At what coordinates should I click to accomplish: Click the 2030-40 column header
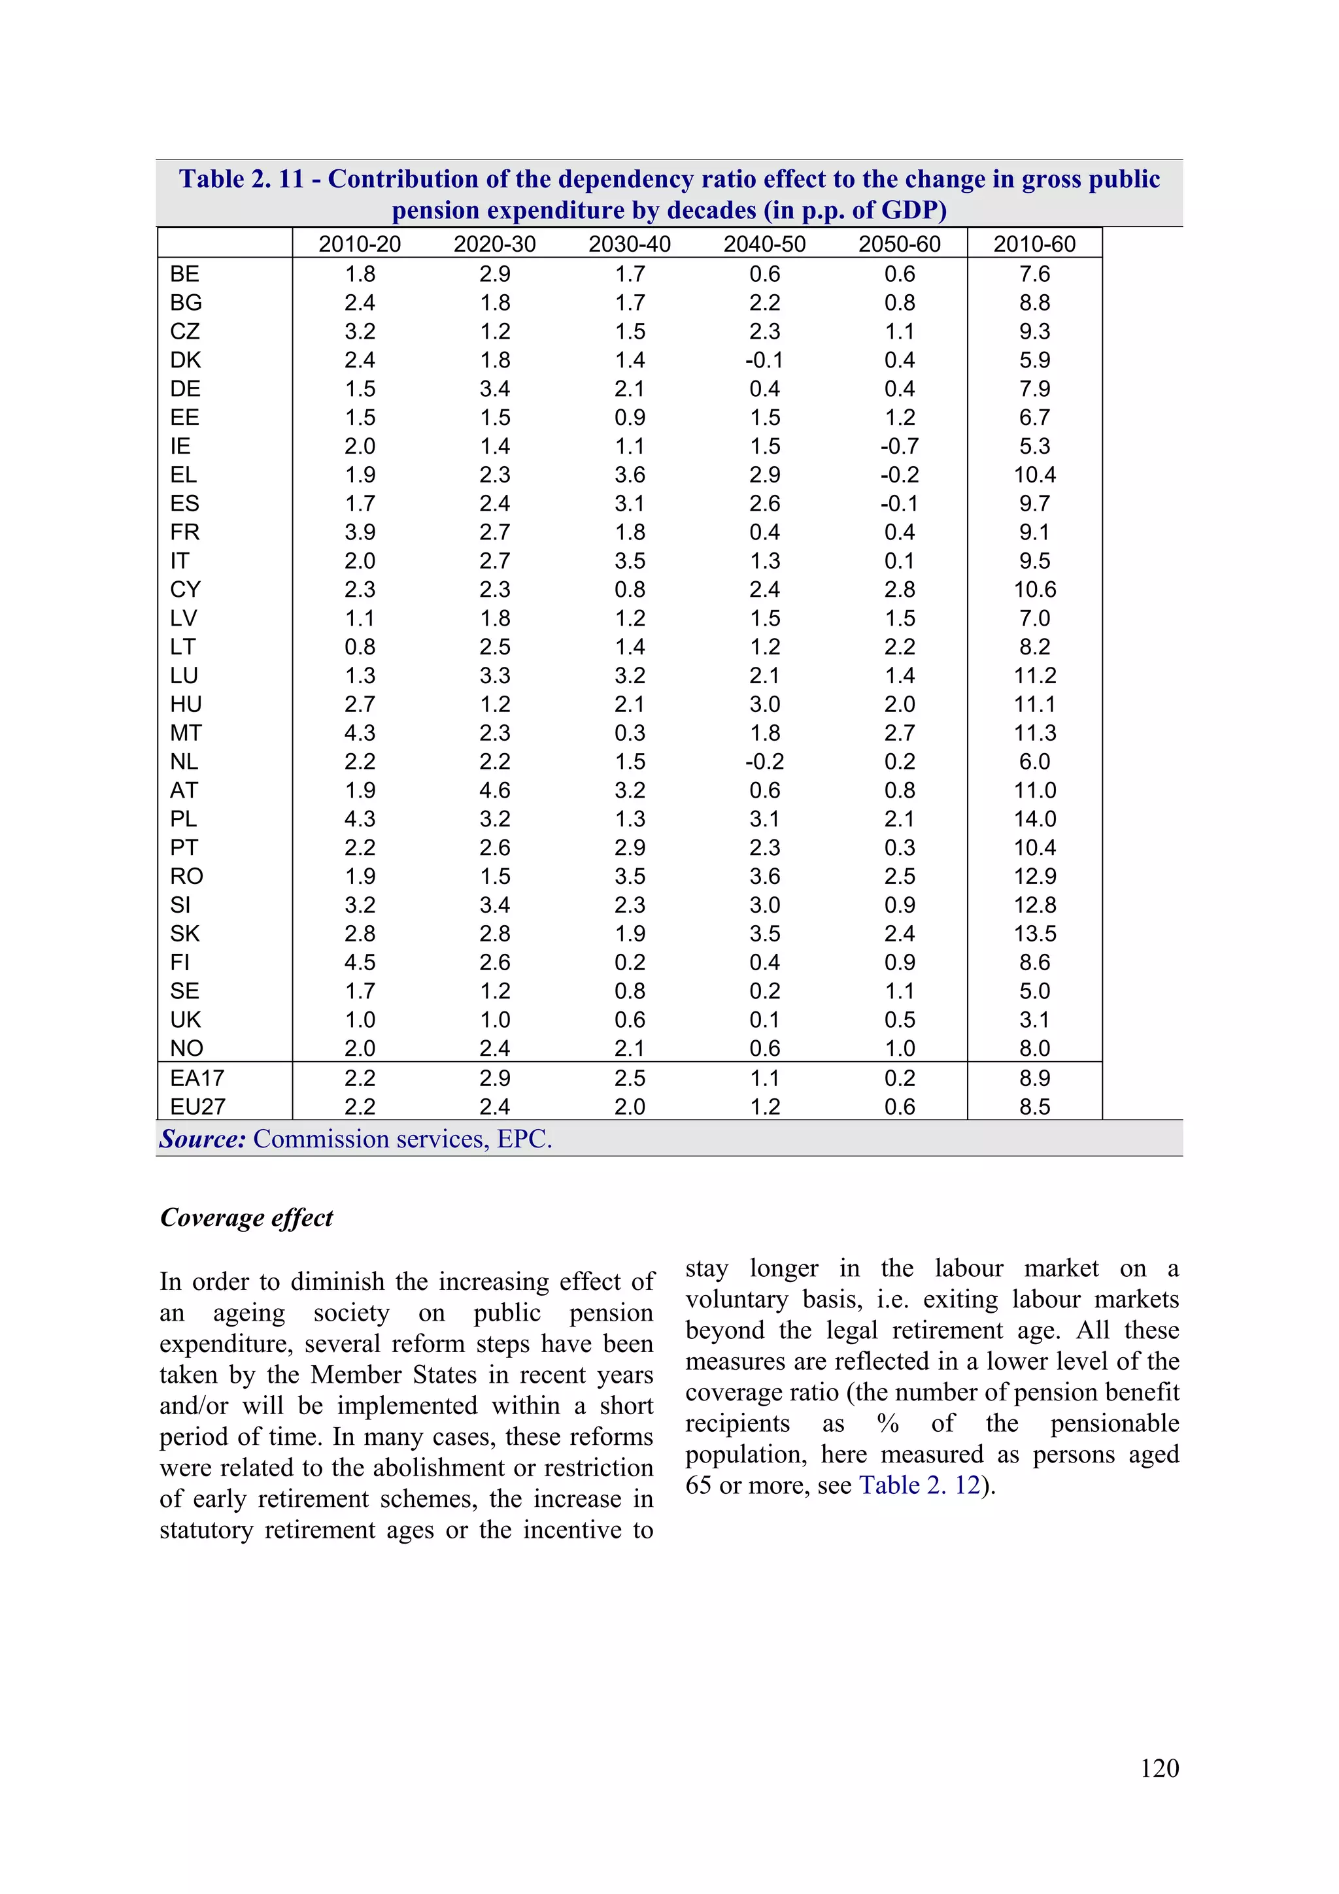click(630, 244)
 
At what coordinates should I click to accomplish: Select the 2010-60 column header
click(1034, 244)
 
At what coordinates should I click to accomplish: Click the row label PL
click(183, 819)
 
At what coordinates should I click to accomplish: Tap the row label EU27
click(197, 1106)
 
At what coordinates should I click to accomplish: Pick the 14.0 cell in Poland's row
click(1034, 819)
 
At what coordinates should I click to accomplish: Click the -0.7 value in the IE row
click(899, 447)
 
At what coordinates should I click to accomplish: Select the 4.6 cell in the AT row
click(494, 790)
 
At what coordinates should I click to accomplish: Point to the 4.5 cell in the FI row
click(360, 962)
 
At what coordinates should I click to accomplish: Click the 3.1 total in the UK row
click(1034, 1020)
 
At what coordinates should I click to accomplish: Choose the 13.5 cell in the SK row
click(1034, 934)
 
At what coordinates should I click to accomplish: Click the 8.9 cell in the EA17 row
click(1034, 1078)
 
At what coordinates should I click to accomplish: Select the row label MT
click(186, 734)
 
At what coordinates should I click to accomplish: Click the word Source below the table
click(202, 1139)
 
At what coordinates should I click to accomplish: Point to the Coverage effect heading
click(246, 1217)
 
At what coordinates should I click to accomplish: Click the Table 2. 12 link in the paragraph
click(919, 1485)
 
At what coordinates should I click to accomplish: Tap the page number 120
click(1159, 1768)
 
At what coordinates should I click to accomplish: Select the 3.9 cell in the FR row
click(360, 532)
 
